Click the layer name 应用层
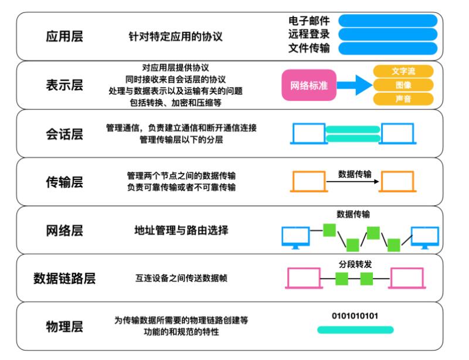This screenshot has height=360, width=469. pos(64,36)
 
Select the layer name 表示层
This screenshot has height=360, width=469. pos(64,85)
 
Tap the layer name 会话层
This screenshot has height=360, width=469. pos(64,134)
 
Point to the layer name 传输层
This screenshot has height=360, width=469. pos(64,182)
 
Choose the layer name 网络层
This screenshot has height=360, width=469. pos(64,230)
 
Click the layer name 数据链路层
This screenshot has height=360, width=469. pos(64,278)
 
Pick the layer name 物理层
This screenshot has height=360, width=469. pos(64,326)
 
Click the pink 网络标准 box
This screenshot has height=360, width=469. pos(309,86)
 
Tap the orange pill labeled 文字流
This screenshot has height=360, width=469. pos(403,72)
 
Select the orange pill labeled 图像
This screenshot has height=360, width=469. pos(403,86)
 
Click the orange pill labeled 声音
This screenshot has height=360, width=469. pos(403,99)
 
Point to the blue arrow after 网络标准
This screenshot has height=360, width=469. pos(353,86)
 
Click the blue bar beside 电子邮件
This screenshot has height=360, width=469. pos(388,21)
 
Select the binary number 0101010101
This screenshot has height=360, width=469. pos(355,316)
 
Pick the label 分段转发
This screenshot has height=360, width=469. pos(355,264)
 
